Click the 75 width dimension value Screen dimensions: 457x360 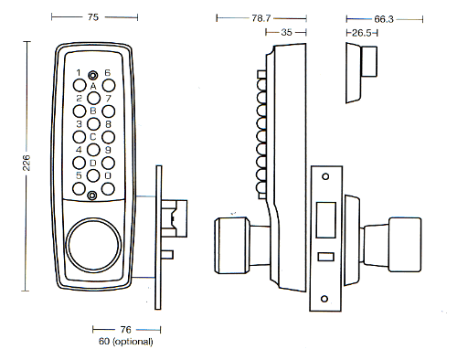93,17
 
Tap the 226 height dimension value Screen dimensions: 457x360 27,163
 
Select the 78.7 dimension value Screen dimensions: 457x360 261,18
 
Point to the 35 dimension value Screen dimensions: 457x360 286,32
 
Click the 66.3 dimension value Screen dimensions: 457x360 384,19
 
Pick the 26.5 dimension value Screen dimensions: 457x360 362,33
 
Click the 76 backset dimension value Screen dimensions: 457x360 125,330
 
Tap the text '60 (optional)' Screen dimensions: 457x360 126,342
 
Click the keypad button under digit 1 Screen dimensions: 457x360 80,86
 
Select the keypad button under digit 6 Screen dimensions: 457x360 109,86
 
